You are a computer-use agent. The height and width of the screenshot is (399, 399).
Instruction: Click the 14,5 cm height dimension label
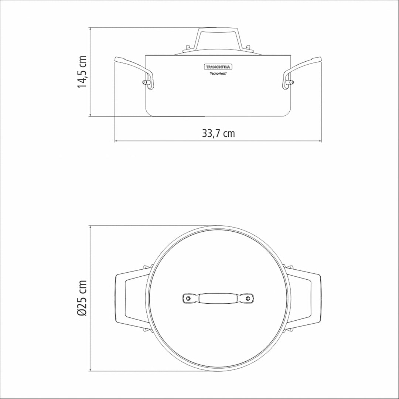coord(82,72)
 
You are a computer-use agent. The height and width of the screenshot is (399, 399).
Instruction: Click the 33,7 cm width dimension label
coord(218,133)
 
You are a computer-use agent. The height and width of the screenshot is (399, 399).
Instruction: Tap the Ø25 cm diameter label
coord(82,298)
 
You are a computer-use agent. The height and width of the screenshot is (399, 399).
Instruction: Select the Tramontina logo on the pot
coord(218,67)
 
